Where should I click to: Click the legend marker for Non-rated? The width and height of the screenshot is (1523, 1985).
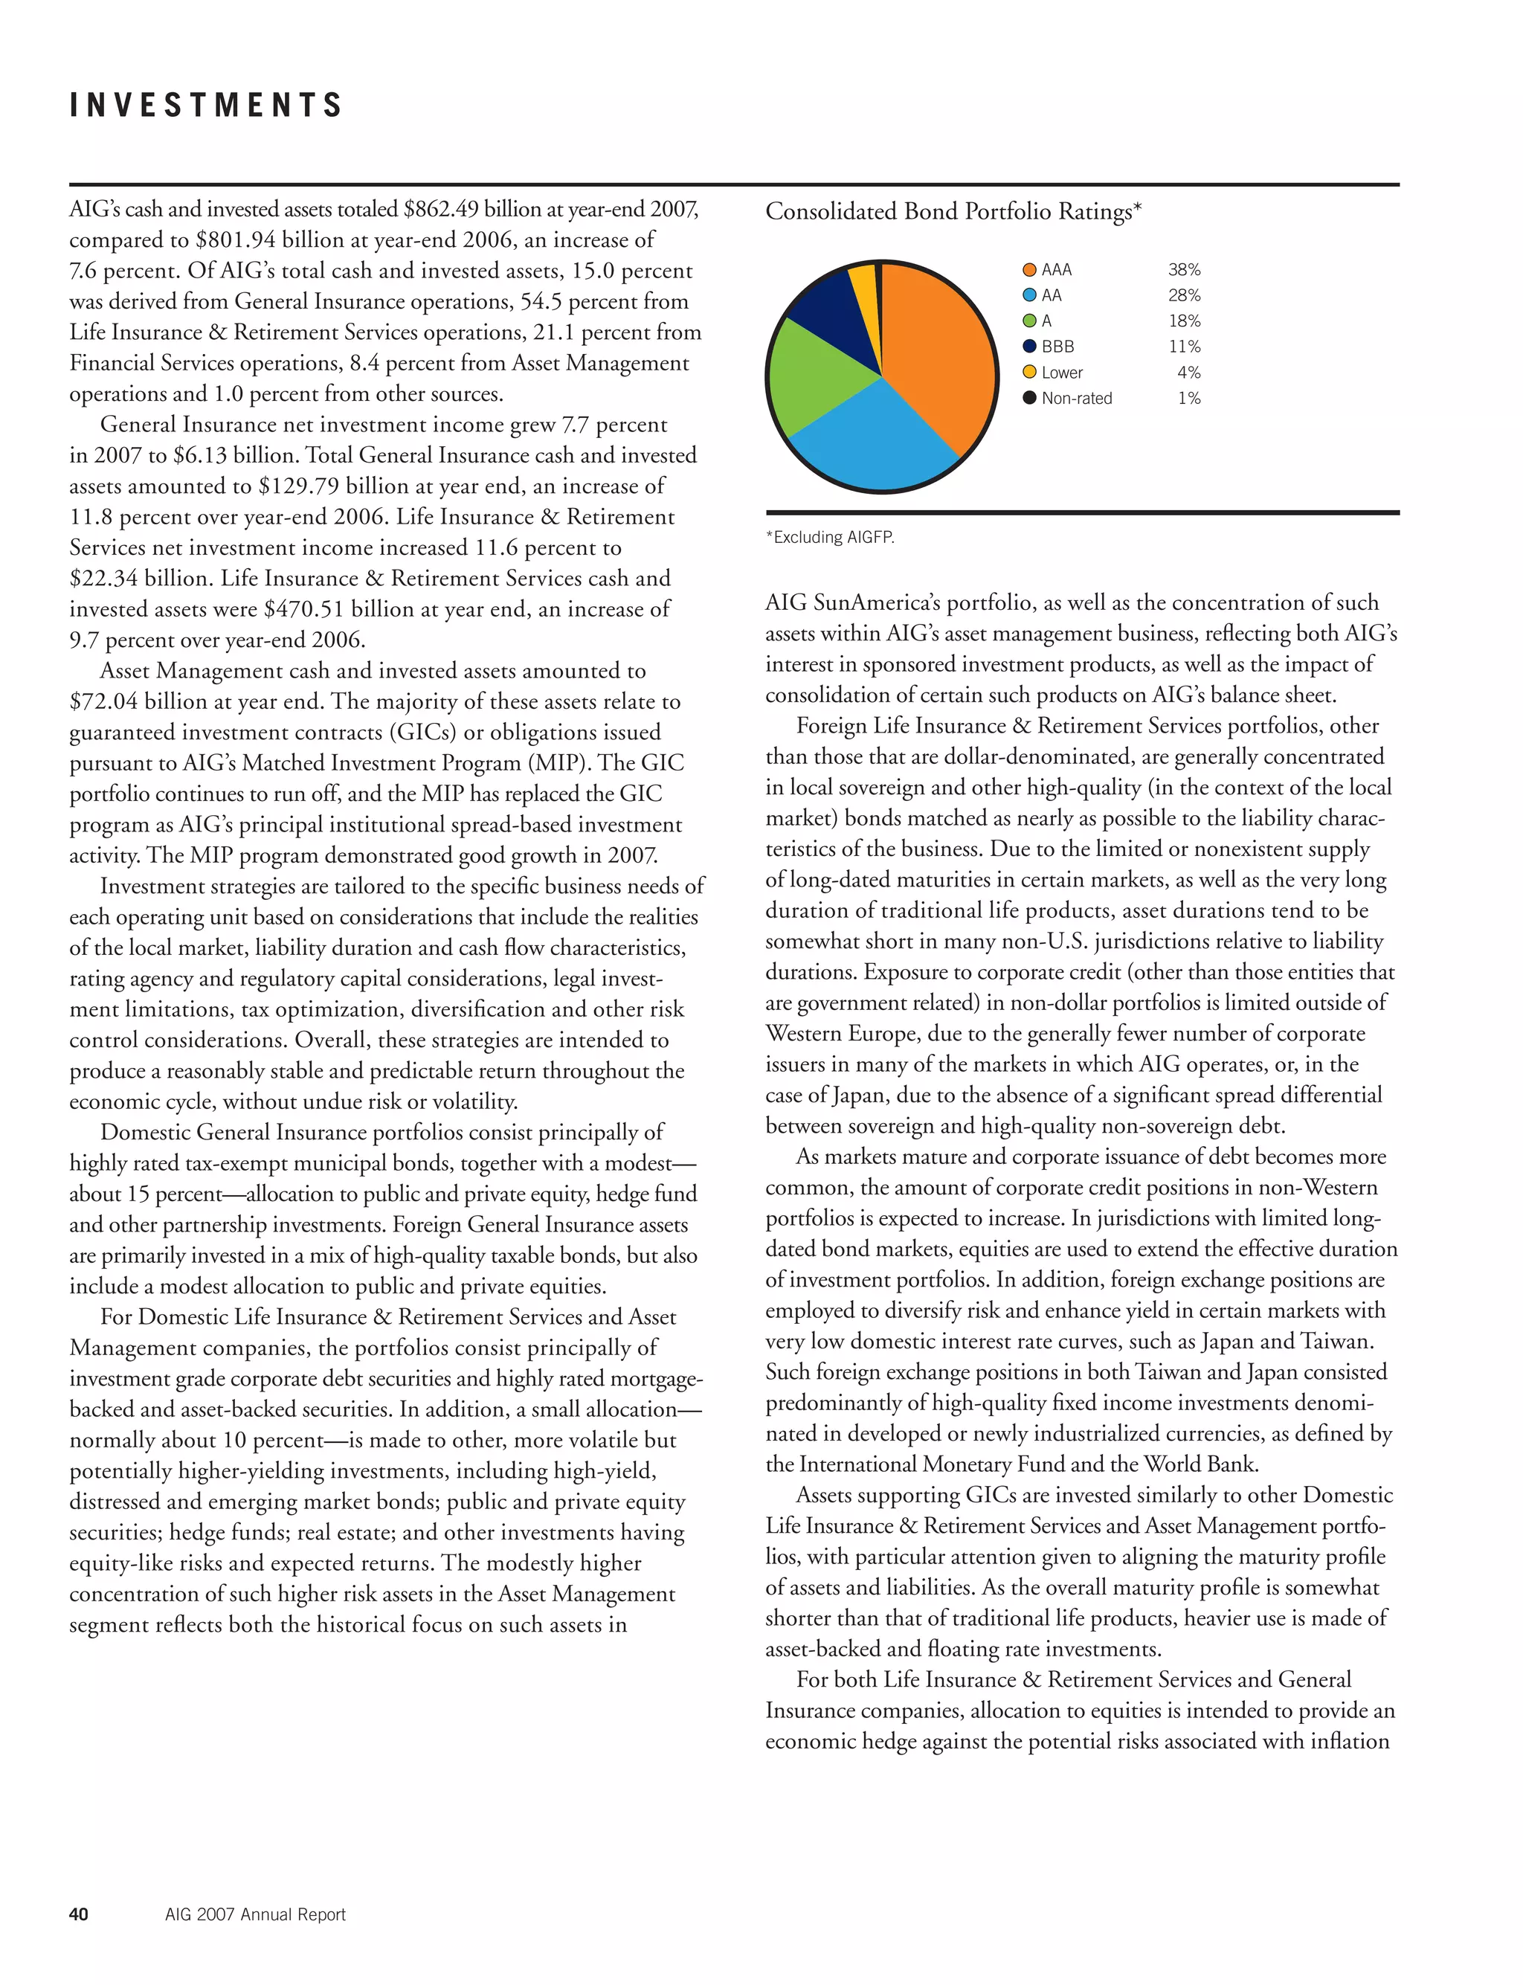(x=1029, y=398)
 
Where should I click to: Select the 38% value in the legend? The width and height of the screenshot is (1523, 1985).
(x=1184, y=269)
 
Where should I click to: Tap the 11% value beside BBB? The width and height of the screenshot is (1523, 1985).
(x=1184, y=347)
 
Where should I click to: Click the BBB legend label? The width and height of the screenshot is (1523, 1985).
(x=1057, y=347)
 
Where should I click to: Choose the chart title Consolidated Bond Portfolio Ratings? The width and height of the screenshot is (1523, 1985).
(x=953, y=211)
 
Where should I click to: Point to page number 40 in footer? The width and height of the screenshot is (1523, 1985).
(x=79, y=1914)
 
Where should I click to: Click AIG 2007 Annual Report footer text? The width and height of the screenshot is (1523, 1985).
(x=255, y=1914)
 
